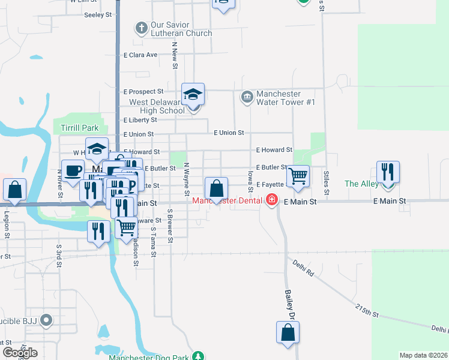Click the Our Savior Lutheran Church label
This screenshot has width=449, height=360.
click(181, 29)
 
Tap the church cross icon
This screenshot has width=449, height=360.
click(141, 28)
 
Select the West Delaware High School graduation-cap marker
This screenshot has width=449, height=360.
click(193, 95)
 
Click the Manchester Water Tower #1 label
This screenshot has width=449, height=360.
click(286, 98)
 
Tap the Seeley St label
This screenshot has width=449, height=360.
click(99, 14)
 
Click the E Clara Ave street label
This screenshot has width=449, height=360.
click(140, 55)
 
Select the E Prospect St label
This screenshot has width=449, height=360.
click(143, 92)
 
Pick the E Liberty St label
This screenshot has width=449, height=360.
click(140, 120)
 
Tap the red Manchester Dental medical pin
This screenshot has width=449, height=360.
click(272, 200)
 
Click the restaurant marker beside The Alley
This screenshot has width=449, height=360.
click(388, 172)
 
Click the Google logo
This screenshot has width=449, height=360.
click(20, 352)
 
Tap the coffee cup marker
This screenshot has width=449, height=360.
click(73, 170)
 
